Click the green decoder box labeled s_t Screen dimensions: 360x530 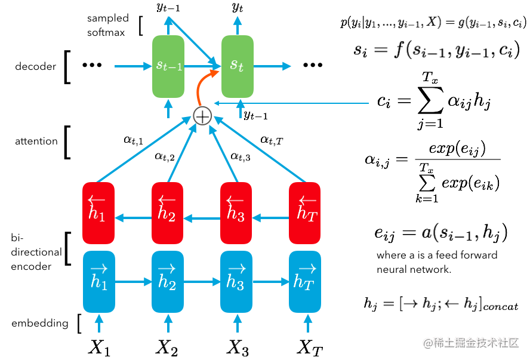click(238, 66)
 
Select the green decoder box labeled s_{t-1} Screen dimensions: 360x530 click(168, 66)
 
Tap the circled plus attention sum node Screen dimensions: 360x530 click(203, 116)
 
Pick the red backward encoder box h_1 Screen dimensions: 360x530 click(98, 213)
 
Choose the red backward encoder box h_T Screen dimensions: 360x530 click(304, 213)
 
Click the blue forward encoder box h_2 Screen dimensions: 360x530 click(168, 281)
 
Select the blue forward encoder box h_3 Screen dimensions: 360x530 click(236, 281)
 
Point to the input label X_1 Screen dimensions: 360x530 click(98, 347)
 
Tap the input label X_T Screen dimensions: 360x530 click(310, 347)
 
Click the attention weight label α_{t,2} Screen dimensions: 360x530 click(164, 156)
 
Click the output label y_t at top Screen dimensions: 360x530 click(238, 8)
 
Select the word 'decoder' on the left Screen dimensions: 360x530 click(36, 67)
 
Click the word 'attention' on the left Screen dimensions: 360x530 click(36, 141)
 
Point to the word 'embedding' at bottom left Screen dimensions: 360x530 click(40, 324)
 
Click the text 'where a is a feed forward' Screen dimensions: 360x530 click(437, 256)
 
